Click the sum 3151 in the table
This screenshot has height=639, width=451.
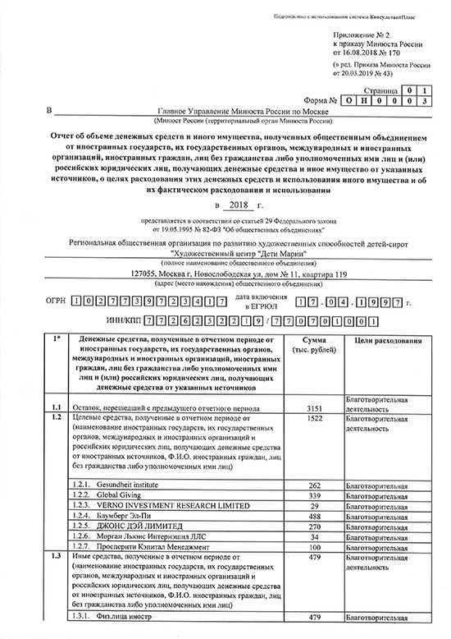316,407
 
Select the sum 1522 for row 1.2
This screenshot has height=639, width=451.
316,418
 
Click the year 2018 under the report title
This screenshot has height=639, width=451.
238,205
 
